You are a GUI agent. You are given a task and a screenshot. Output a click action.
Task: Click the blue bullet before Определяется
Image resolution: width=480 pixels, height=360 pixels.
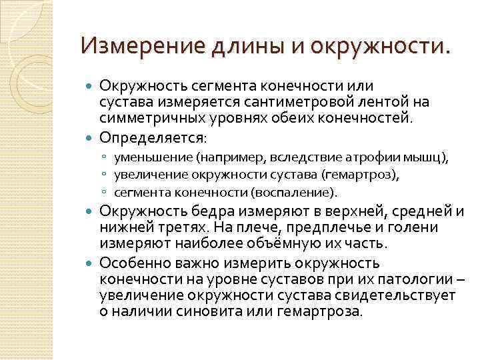coord(91,138)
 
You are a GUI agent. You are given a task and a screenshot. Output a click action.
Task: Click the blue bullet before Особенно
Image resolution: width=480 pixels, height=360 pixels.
coord(91,263)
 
